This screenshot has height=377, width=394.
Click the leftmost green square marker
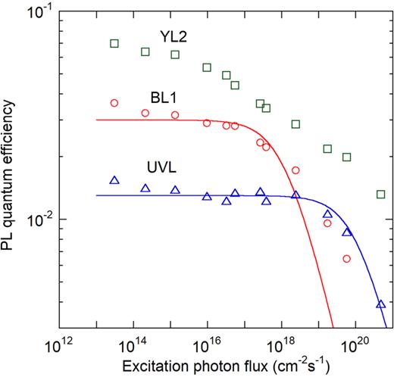(x=114, y=43)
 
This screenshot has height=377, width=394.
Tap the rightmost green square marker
(x=381, y=195)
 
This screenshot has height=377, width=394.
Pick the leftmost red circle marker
(x=114, y=103)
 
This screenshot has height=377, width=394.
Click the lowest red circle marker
(x=346, y=259)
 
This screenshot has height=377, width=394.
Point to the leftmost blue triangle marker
(x=114, y=180)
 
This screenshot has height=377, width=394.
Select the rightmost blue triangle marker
(x=381, y=304)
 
